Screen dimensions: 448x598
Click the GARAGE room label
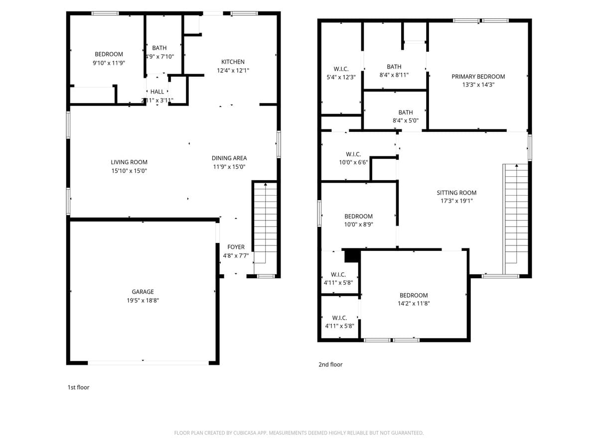(143, 292)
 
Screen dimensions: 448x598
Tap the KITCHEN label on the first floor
(233, 62)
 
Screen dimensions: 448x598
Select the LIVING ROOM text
(129, 162)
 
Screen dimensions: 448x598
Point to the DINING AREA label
(229, 158)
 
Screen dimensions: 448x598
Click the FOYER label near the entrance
(236, 247)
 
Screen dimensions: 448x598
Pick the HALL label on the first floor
(157, 92)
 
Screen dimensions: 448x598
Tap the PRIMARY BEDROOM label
(478, 77)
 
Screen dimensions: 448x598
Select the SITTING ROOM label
(456, 193)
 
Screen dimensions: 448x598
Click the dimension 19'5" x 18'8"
(143, 300)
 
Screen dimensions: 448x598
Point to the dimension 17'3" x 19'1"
(456, 201)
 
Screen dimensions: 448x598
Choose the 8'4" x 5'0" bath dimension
(405, 120)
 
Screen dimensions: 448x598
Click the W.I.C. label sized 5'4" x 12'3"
(341, 69)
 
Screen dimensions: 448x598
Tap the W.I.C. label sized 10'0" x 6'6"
(353, 154)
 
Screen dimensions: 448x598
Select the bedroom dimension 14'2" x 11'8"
(413, 303)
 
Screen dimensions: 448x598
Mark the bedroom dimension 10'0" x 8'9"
(358, 224)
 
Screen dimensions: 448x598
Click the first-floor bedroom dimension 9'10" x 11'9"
(109, 63)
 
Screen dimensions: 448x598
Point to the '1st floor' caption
(78, 387)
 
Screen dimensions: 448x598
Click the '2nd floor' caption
(330, 364)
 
